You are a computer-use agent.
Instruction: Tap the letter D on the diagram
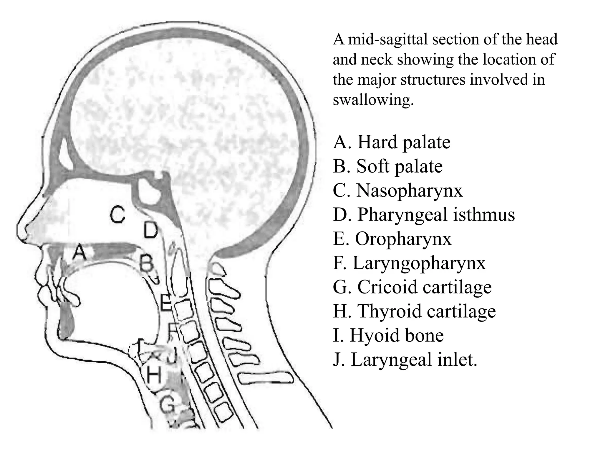150,230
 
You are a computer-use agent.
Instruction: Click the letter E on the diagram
165,303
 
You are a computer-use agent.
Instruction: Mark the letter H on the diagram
154,376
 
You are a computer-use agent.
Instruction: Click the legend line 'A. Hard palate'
392,142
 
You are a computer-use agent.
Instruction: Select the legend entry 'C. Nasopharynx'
398,191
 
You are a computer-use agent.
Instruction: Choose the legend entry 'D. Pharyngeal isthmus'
424,215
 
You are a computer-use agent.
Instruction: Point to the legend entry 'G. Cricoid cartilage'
412,287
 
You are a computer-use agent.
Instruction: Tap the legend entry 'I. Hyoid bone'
388,336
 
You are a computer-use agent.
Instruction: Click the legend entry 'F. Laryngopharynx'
409,263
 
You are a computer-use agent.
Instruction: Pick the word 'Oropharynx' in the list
403,239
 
